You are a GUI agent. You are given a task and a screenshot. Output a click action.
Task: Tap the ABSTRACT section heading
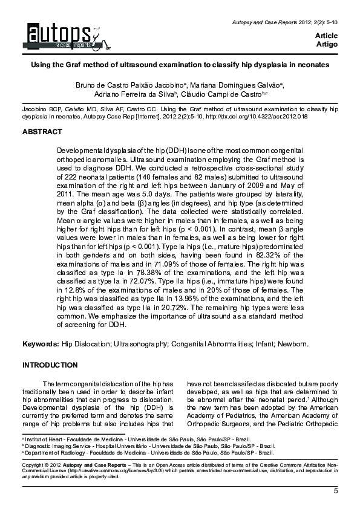click(42, 132)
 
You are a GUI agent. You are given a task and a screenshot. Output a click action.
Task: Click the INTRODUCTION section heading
click(50, 365)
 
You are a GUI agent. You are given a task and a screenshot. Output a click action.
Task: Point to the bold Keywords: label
click(41, 344)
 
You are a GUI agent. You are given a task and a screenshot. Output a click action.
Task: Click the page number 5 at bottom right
click(336, 491)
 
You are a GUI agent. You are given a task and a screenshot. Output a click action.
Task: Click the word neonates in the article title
click(311, 63)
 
